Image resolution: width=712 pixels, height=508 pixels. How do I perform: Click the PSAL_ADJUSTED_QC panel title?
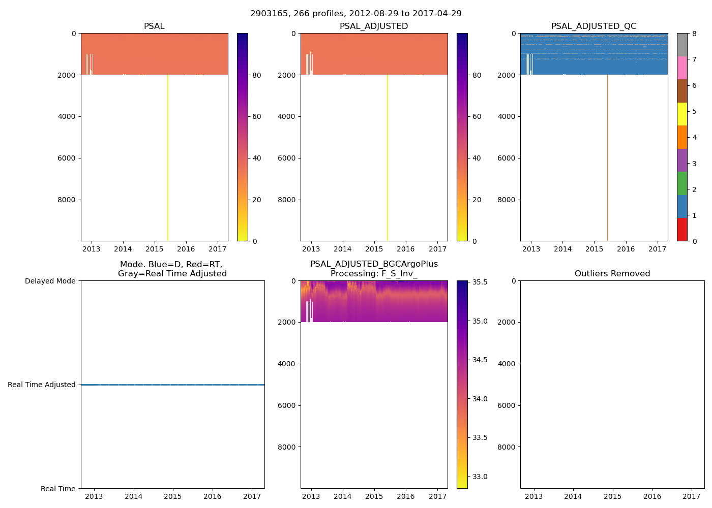point(594,26)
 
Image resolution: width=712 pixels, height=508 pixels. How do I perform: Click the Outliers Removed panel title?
point(612,274)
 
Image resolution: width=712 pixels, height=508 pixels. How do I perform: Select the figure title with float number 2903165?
point(356,14)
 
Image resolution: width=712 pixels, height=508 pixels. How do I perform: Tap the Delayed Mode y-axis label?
point(50,281)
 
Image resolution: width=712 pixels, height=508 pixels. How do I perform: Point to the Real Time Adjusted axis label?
point(42,385)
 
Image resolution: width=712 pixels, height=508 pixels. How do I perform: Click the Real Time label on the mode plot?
point(58,489)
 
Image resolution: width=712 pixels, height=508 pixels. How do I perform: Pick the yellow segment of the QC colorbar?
point(682,114)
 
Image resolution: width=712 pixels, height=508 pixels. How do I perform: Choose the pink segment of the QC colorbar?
point(682,68)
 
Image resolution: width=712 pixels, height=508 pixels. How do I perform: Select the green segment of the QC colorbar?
point(682,183)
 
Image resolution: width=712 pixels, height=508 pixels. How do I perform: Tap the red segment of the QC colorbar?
point(682,229)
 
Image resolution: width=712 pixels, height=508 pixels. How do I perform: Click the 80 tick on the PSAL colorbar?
point(256,75)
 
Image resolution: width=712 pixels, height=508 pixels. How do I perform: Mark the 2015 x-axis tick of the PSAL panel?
point(154,249)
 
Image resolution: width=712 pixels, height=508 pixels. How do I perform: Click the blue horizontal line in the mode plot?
point(173,385)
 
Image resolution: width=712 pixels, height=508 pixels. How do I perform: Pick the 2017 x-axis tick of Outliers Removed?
point(691,496)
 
